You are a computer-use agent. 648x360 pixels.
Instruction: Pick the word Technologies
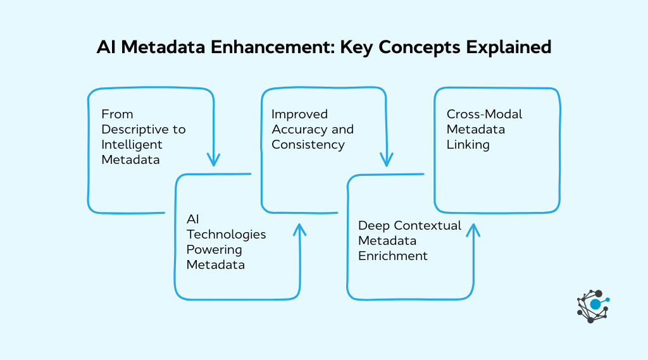pos(226,234)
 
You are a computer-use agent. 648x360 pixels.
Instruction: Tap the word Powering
pos(214,249)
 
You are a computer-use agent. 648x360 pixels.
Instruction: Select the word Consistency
pos(308,144)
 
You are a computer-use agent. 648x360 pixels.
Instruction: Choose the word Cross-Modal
pos(484,114)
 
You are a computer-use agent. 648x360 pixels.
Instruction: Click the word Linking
pos(468,144)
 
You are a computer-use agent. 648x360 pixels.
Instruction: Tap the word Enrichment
pos(393,256)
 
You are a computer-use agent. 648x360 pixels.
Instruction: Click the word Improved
pos(299,114)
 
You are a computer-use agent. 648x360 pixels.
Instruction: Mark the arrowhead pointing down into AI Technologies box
pos(214,159)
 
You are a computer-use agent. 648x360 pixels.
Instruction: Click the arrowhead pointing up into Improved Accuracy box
pos(299,230)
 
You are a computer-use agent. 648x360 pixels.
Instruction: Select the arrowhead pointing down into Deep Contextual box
pos(386,159)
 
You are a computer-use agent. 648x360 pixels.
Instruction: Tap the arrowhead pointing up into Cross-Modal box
pos(472,230)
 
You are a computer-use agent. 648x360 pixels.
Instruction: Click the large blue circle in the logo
pos(595,304)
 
